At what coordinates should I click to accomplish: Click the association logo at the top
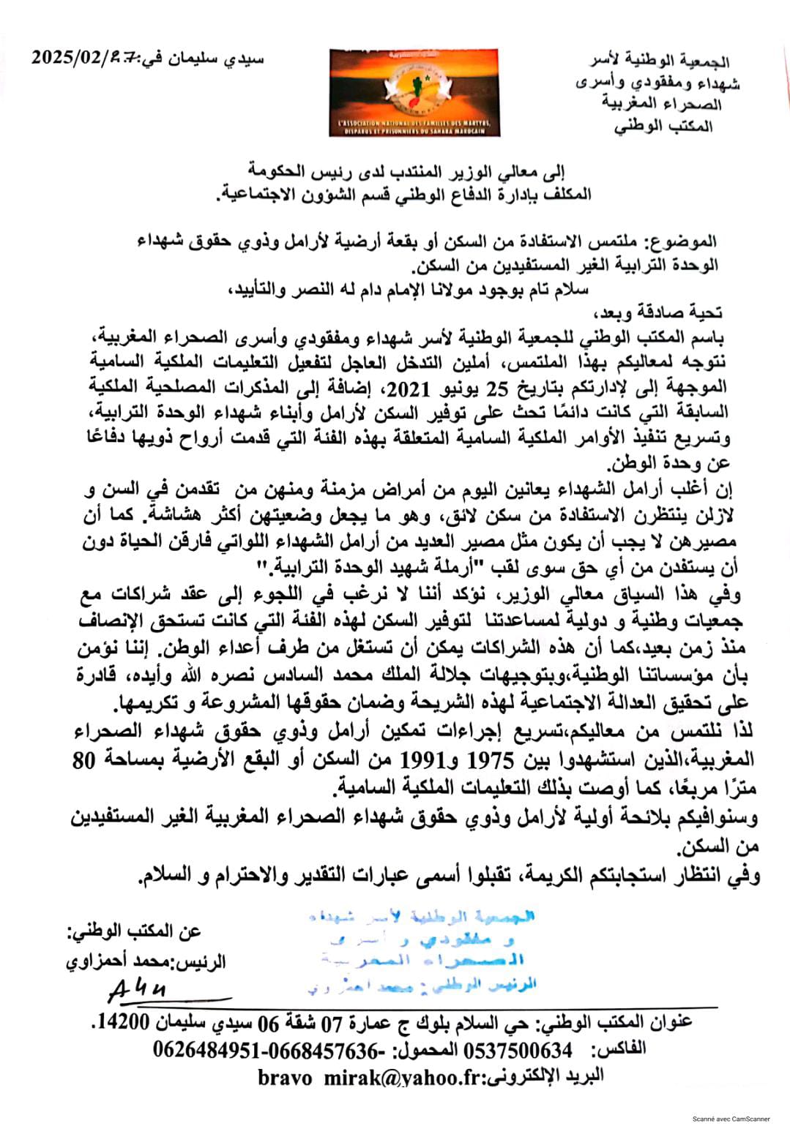(414, 92)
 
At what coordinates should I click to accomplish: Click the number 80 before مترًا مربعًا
(84, 759)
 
